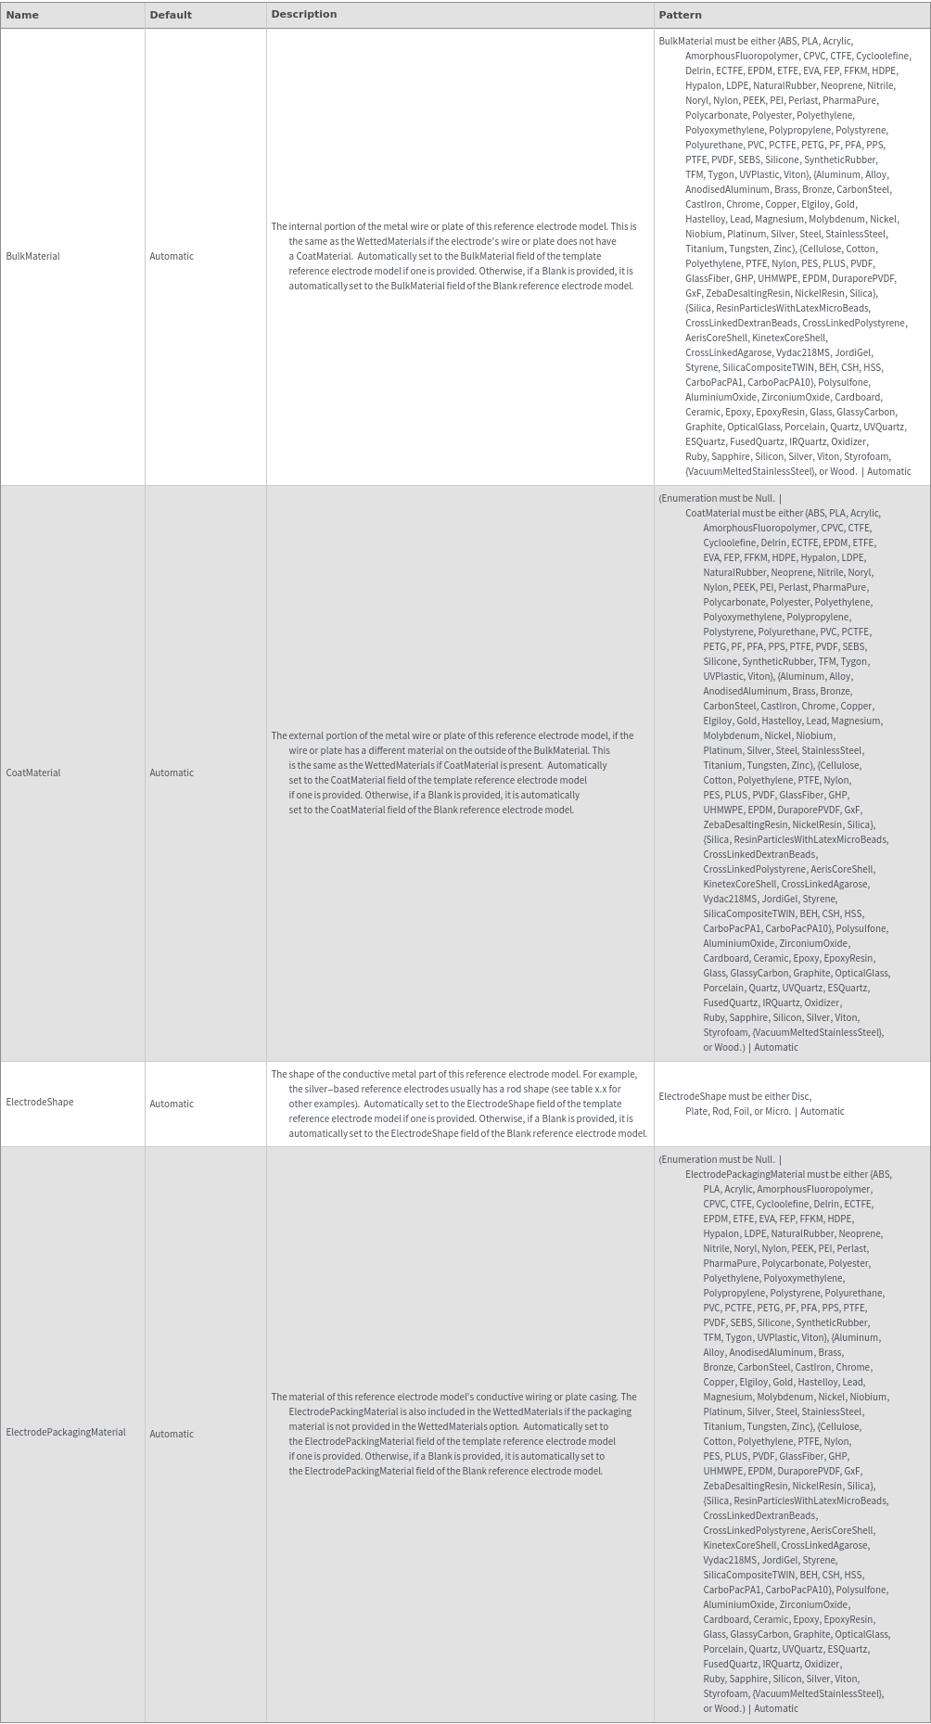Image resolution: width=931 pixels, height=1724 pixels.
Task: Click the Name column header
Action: (22, 15)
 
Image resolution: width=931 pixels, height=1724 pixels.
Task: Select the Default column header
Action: (171, 15)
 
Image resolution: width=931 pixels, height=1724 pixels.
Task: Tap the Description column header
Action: (303, 15)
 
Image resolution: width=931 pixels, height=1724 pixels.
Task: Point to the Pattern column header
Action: (680, 15)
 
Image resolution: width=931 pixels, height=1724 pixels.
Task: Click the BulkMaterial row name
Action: (32, 256)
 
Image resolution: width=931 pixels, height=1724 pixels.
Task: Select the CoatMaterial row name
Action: (32, 773)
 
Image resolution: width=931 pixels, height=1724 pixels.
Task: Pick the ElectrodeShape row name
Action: (39, 1103)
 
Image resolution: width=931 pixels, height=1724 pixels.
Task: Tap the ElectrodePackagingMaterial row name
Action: (65, 1433)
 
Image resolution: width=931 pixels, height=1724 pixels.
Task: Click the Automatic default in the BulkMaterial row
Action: (172, 256)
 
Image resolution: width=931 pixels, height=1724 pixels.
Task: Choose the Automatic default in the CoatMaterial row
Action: (172, 773)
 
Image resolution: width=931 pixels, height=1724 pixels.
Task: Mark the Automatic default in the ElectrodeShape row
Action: (172, 1104)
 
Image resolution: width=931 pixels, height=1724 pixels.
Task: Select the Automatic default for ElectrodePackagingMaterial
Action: (172, 1434)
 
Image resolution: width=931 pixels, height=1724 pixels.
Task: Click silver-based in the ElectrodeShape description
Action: (335, 1089)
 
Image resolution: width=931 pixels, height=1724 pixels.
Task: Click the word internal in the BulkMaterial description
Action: (312, 226)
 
